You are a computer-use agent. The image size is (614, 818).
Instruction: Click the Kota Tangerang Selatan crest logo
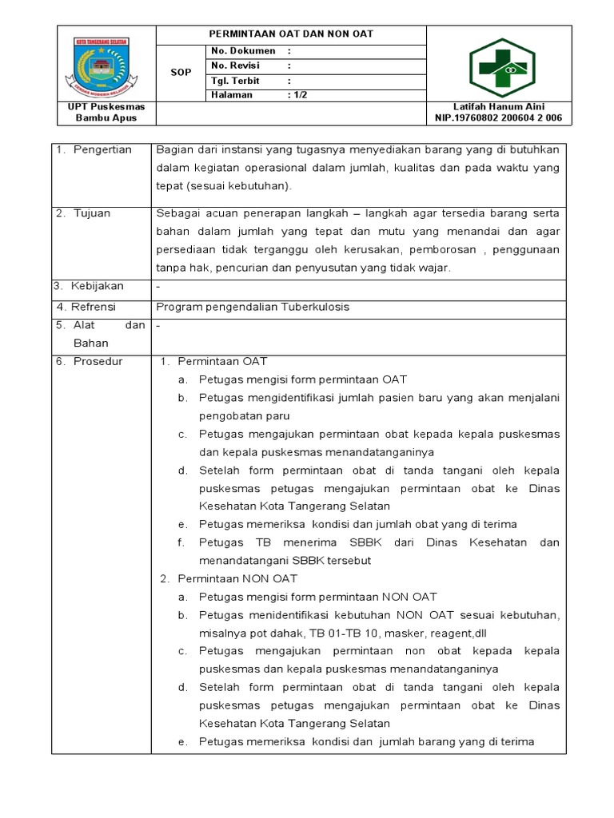click(x=106, y=64)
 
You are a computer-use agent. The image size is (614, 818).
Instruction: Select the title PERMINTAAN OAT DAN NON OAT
click(x=290, y=34)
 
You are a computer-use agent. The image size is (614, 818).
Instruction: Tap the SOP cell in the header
click(x=181, y=73)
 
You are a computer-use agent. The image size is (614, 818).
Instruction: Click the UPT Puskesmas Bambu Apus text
click(x=106, y=113)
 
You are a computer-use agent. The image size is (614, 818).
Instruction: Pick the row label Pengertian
click(x=102, y=150)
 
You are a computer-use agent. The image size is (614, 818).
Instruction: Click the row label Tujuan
click(x=93, y=214)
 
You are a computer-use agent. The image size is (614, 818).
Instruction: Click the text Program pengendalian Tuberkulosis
click(x=253, y=307)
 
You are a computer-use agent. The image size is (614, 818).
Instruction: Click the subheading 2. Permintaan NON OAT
click(x=235, y=578)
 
